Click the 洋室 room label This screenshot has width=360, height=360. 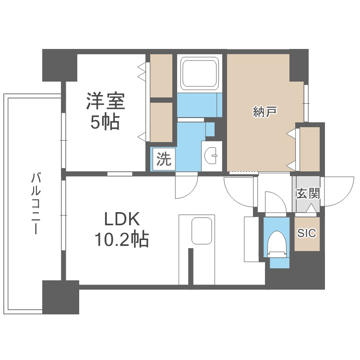106,102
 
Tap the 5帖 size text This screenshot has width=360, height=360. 106,123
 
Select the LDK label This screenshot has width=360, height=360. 122,220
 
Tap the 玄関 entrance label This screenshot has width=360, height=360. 308,194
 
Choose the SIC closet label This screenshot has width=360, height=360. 307,233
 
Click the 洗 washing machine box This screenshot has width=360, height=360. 164,159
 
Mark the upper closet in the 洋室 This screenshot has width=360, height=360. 161,75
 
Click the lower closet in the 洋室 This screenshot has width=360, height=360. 161,122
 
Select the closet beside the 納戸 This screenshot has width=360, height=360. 309,148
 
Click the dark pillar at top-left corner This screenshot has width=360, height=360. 60,65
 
